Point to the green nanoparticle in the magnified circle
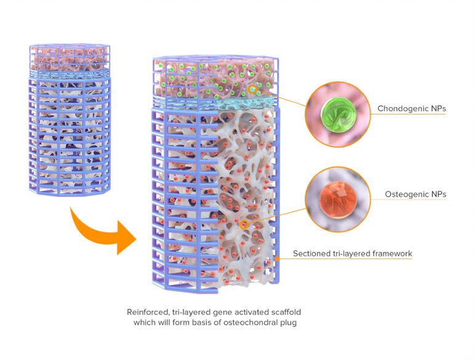pos(337,114)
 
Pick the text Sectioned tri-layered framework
pos(352,254)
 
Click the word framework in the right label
pos(389,254)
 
